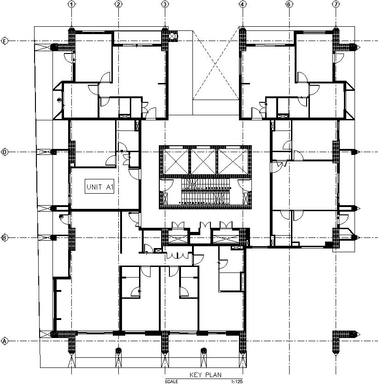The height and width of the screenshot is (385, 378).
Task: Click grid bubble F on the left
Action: tap(5, 41)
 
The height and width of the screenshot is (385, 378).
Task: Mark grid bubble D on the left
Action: tap(5, 152)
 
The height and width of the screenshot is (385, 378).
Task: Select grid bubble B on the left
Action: tap(5, 238)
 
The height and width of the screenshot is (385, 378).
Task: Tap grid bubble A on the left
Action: tap(5, 341)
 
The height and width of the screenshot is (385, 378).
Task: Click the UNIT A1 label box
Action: tap(99, 187)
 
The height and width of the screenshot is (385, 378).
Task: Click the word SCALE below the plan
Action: tap(172, 382)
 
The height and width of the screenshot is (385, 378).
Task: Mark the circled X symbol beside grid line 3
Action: tap(173, 36)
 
